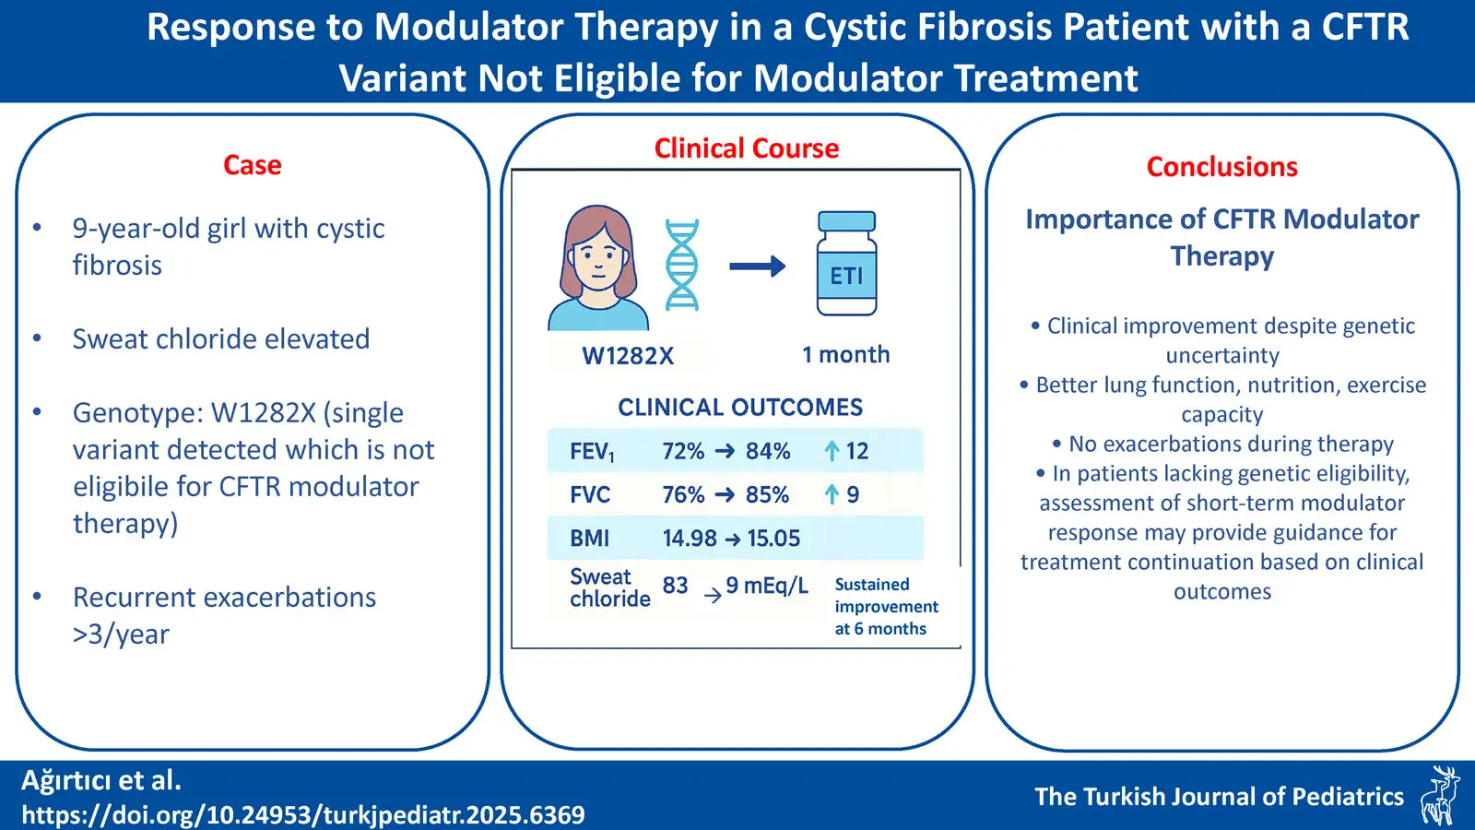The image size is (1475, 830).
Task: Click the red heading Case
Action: click(253, 165)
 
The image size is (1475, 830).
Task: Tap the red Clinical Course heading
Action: click(746, 148)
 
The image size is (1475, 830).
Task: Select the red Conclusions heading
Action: click(1221, 167)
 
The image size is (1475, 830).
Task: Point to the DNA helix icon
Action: click(681, 265)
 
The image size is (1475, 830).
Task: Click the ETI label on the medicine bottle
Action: click(846, 276)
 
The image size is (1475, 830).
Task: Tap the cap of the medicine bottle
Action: click(846, 220)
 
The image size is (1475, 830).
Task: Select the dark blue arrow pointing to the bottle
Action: click(757, 267)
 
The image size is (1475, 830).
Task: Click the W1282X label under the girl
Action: click(628, 356)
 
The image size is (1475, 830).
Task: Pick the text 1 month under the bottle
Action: click(845, 354)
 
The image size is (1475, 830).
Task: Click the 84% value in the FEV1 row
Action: click(768, 451)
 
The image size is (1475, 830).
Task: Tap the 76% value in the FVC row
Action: click(683, 494)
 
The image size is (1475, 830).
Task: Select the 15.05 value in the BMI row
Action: click(773, 539)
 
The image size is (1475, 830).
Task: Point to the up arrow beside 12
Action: click(832, 451)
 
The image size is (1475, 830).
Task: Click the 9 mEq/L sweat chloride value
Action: click(766, 585)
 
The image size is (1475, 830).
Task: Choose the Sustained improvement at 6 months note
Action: click(886, 606)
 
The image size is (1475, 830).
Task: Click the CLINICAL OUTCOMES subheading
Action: click(740, 407)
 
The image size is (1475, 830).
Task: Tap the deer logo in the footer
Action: click(1440, 793)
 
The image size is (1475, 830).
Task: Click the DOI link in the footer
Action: click(303, 815)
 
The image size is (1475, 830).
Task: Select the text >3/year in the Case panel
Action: click(121, 634)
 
